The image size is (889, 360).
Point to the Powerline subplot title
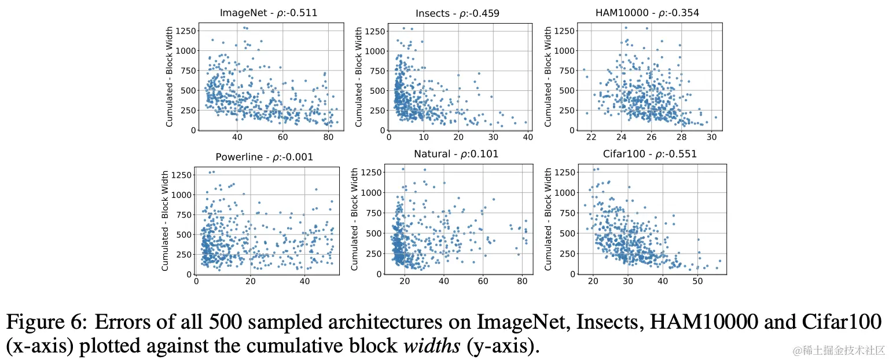(x=266, y=157)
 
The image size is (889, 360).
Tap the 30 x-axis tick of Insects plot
(x=493, y=138)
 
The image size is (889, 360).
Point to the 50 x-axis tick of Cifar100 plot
(x=698, y=281)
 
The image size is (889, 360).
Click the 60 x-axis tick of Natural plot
(x=482, y=281)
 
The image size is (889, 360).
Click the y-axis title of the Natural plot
(x=355, y=220)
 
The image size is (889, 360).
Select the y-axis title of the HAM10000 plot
(x=548, y=76)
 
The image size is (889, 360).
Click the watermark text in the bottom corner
(x=839, y=350)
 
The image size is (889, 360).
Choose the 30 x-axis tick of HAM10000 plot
(x=712, y=138)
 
